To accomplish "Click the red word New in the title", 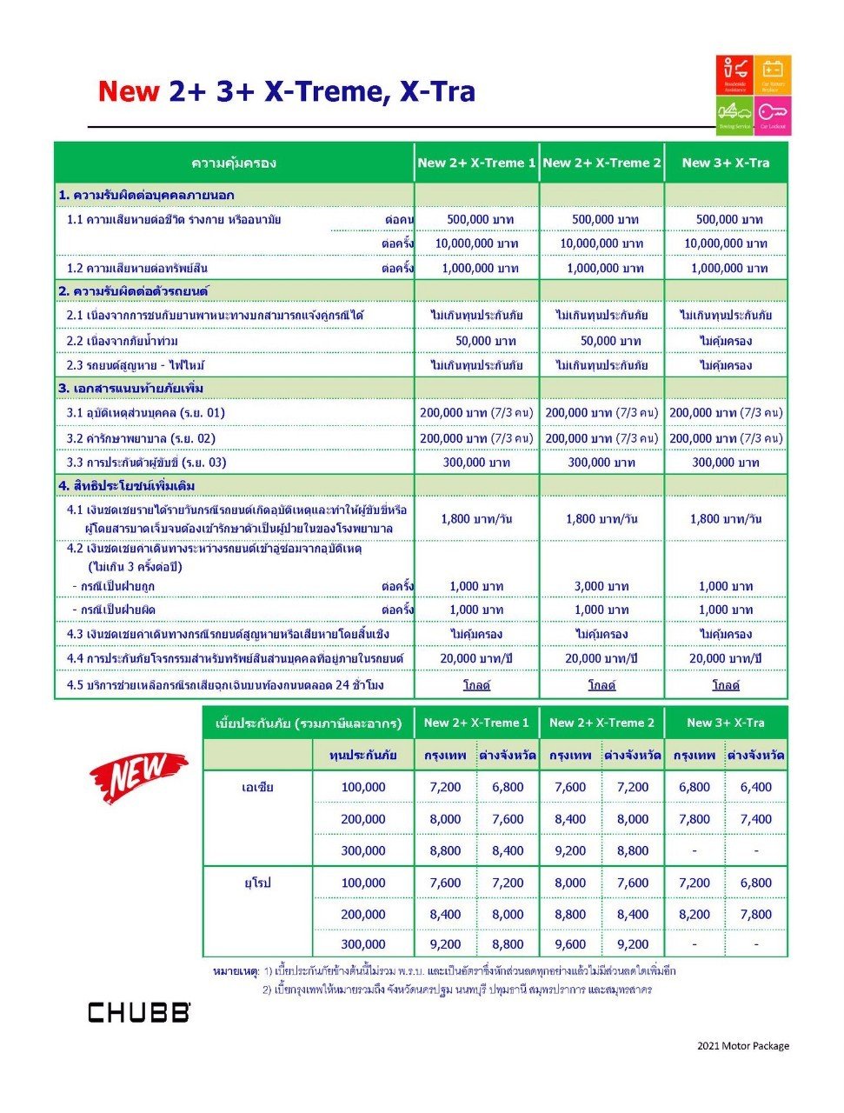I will coord(129,91).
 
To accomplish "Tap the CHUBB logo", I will coord(138,1012).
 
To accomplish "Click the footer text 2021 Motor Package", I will coord(742,1045).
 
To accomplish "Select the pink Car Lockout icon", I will coord(773,115).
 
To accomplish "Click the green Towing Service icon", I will coord(734,115).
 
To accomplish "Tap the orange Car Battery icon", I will coord(773,75).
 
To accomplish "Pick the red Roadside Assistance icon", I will coord(734,75).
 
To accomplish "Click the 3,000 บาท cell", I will coord(601,586).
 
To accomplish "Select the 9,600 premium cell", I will coord(570,943).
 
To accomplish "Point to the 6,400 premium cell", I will coord(756,787).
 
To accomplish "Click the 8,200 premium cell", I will coord(694,914).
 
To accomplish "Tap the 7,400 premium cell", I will coord(756,819).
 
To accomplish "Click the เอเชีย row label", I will coord(257,787).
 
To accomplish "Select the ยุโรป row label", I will coord(257,883).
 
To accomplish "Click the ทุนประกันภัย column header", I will coord(362,755).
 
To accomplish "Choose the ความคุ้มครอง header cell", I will coord(234,163).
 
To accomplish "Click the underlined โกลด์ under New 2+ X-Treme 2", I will coord(601,685).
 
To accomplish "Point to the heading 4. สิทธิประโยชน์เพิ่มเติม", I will coord(127,485).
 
